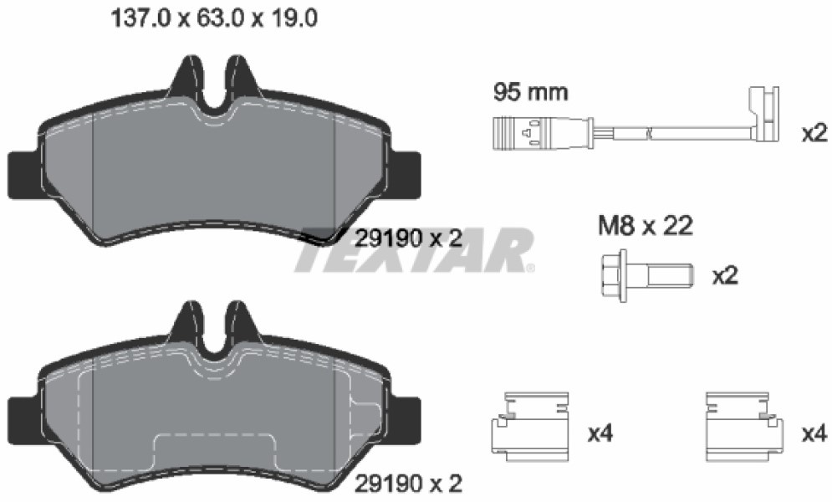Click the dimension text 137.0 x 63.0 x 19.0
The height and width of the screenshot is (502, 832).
[214, 18]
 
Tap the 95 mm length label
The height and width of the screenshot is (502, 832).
[531, 92]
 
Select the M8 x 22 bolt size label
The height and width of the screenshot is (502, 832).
[646, 226]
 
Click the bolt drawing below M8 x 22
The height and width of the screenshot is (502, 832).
[647, 276]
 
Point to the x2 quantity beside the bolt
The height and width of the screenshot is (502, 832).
[725, 276]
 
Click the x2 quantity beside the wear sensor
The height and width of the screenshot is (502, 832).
[814, 133]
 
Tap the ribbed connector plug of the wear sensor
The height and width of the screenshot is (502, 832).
[517, 133]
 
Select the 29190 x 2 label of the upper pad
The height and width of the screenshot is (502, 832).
[408, 238]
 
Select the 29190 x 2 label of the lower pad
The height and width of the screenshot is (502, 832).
[408, 484]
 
